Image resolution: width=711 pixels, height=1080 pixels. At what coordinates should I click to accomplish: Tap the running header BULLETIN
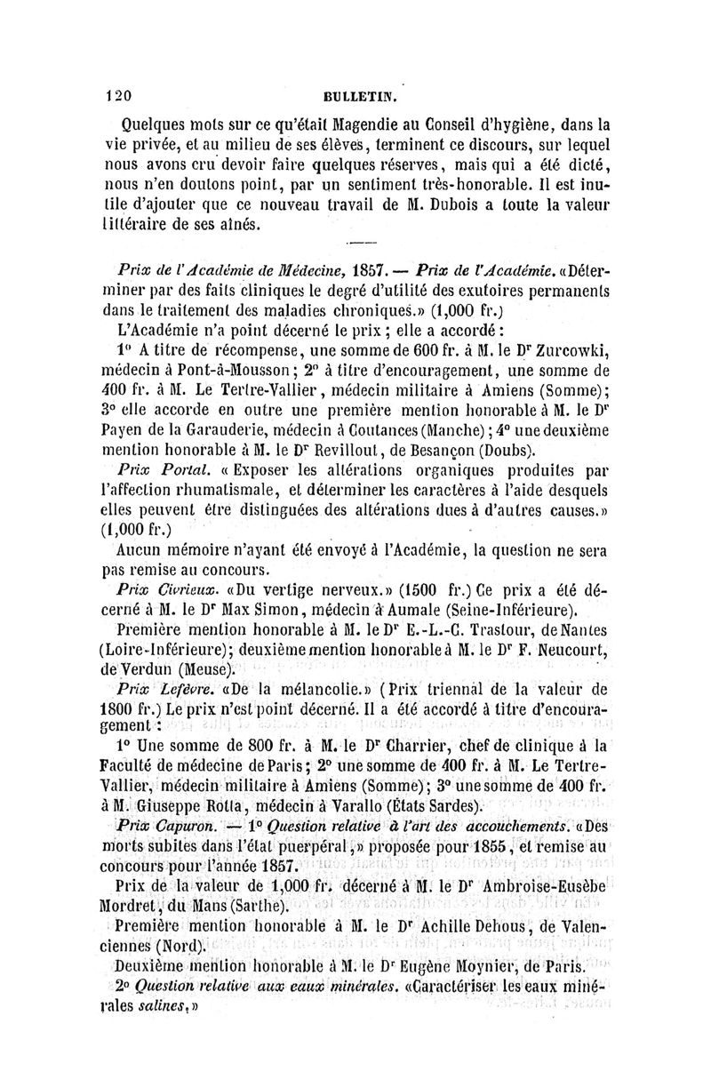pyautogui.click(x=363, y=96)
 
